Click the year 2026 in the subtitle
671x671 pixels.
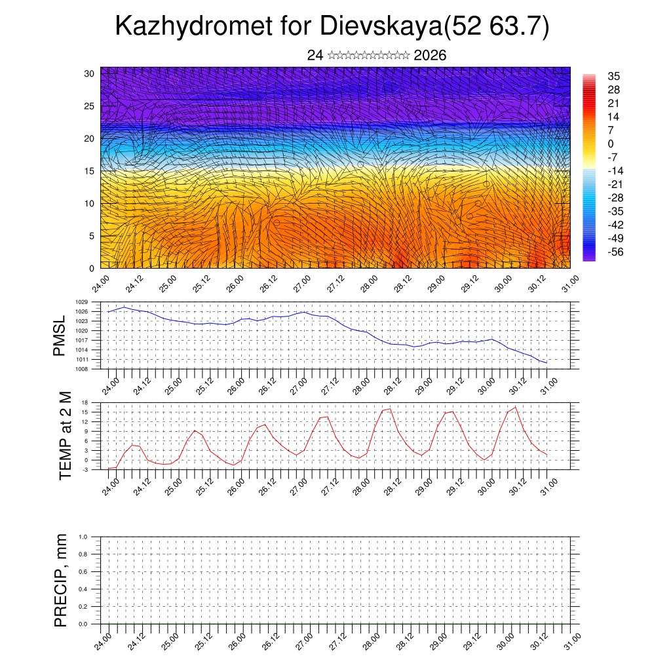pos(430,55)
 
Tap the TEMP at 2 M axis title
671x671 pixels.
pos(65,435)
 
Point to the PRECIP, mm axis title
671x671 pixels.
pos(61,581)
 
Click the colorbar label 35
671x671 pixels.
pos(614,76)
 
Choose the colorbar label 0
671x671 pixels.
pos(611,144)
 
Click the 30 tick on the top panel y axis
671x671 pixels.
pos(89,73)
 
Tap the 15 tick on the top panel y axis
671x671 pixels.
pos(89,171)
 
